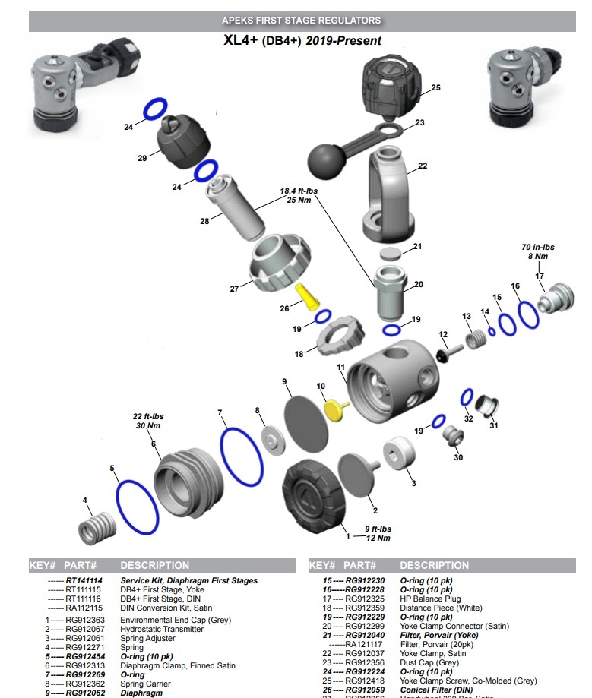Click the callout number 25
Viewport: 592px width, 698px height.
tap(436, 88)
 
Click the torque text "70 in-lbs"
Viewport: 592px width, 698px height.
tap(537, 248)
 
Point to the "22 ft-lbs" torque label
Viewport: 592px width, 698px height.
tap(148, 417)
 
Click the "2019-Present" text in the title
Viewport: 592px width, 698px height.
tap(343, 40)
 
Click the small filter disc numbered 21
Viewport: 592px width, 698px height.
tap(390, 252)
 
